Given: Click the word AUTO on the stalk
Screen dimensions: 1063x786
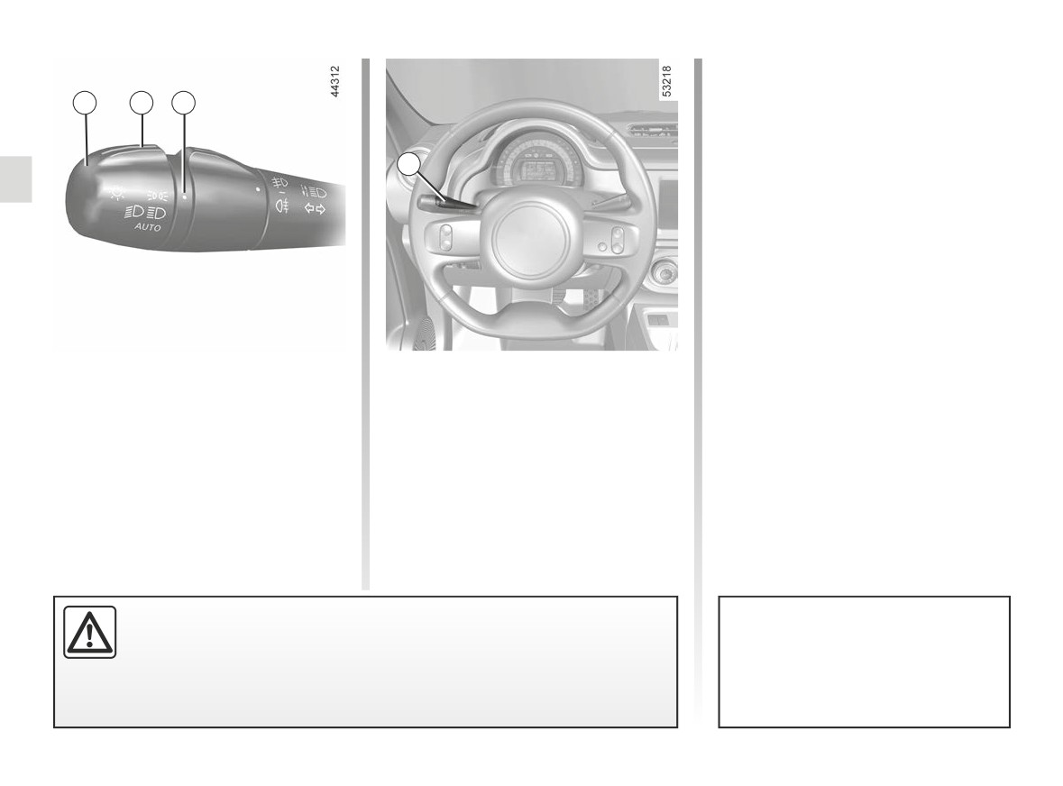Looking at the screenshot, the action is [148, 227].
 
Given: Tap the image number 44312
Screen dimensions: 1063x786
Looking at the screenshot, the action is [334, 81].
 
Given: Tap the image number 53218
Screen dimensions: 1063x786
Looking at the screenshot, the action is [666, 81].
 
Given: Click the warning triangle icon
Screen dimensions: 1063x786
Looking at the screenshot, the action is [90, 632].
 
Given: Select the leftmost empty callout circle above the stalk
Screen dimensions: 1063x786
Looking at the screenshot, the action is [85, 103].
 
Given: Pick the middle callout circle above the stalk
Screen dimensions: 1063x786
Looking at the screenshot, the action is [142, 103].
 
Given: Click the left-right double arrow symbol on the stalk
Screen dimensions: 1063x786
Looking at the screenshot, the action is [315, 209].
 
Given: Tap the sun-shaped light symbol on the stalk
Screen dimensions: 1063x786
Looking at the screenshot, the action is [117, 193].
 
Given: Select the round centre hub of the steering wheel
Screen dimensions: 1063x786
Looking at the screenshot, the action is [529, 242].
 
